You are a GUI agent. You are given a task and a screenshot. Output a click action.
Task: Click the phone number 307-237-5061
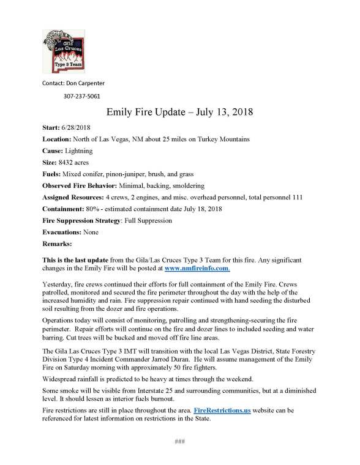tap(82, 96)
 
